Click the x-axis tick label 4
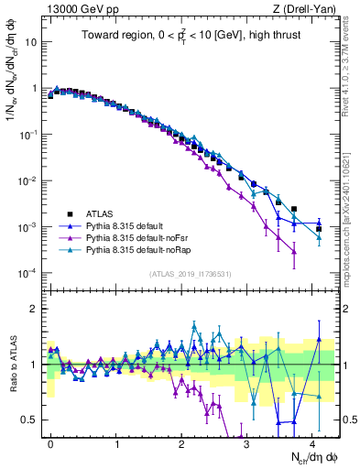coord(312,442)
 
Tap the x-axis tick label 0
coord(50,442)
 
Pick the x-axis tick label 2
coord(181,442)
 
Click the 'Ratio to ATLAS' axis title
coord(12,364)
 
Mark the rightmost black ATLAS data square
coord(318,228)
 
